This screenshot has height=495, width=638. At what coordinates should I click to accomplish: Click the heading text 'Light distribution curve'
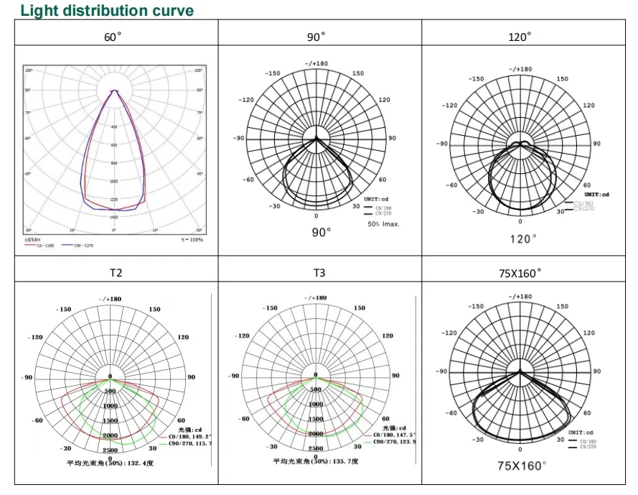(x=107, y=11)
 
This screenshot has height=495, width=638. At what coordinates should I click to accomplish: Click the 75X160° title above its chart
(x=520, y=273)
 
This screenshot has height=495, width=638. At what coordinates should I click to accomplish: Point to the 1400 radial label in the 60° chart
(x=114, y=217)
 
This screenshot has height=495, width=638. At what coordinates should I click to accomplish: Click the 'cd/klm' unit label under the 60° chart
(x=32, y=239)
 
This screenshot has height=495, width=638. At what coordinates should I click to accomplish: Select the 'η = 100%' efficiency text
(x=192, y=239)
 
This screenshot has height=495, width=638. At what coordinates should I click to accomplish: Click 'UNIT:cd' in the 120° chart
(x=596, y=195)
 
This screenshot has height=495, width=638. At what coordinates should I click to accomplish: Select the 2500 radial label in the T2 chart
(x=111, y=450)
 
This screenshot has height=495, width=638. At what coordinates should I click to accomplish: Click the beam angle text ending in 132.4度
(x=111, y=463)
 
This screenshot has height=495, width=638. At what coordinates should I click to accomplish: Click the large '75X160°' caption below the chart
(x=522, y=466)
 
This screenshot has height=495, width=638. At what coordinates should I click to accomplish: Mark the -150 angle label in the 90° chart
(x=272, y=73)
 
